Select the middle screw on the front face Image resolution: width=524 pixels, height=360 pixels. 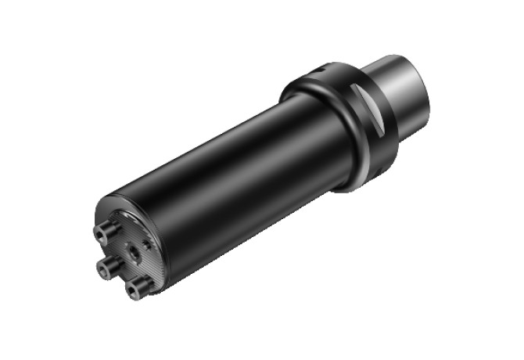[x=105, y=268]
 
